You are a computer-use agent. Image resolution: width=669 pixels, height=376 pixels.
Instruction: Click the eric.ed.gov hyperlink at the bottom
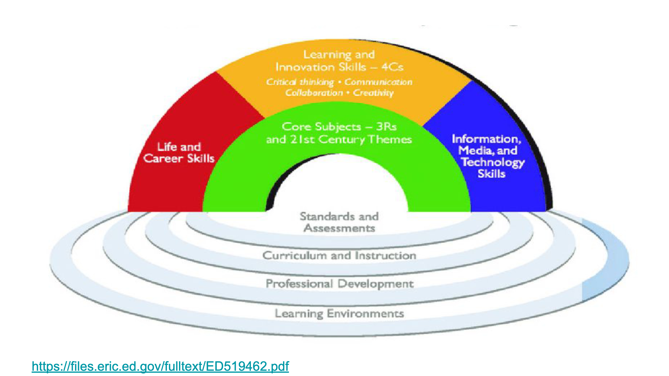click(160, 366)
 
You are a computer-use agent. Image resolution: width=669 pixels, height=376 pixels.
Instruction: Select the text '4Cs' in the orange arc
click(392, 67)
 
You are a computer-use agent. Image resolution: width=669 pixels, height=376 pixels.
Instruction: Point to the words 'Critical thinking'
click(300, 82)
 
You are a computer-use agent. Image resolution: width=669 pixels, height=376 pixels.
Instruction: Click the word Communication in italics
click(378, 82)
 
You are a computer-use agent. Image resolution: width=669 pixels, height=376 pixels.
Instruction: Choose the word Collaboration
click(314, 93)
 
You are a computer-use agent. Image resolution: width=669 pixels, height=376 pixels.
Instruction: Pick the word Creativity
click(374, 93)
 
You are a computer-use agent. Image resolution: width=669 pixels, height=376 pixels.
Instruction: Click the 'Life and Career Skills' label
click(179, 153)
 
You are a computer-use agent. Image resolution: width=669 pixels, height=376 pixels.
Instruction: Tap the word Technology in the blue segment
click(493, 162)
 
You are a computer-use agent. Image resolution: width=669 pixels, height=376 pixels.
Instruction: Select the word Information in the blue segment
click(487, 139)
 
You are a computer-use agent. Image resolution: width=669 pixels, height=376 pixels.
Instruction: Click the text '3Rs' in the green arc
click(387, 127)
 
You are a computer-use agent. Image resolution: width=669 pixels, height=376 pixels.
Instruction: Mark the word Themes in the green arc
click(390, 140)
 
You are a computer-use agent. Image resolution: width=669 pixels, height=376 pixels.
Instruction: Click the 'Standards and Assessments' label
click(339, 222)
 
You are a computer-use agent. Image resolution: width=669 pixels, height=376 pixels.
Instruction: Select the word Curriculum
click(295, 256)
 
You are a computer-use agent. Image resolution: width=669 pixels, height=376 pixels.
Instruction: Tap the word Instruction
click(386, 256)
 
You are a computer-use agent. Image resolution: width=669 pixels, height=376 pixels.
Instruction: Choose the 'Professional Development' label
click(340, 284)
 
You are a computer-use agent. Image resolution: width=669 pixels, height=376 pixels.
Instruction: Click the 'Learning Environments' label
click(339, 313)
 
